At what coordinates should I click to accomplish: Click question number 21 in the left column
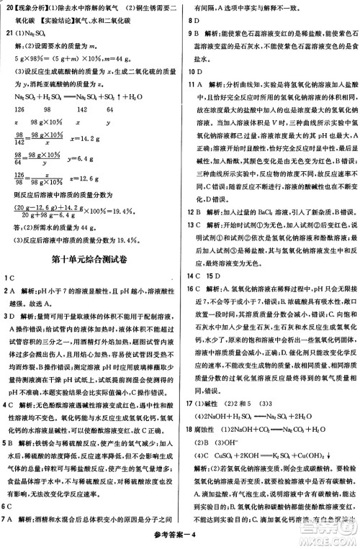(9, 33)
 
